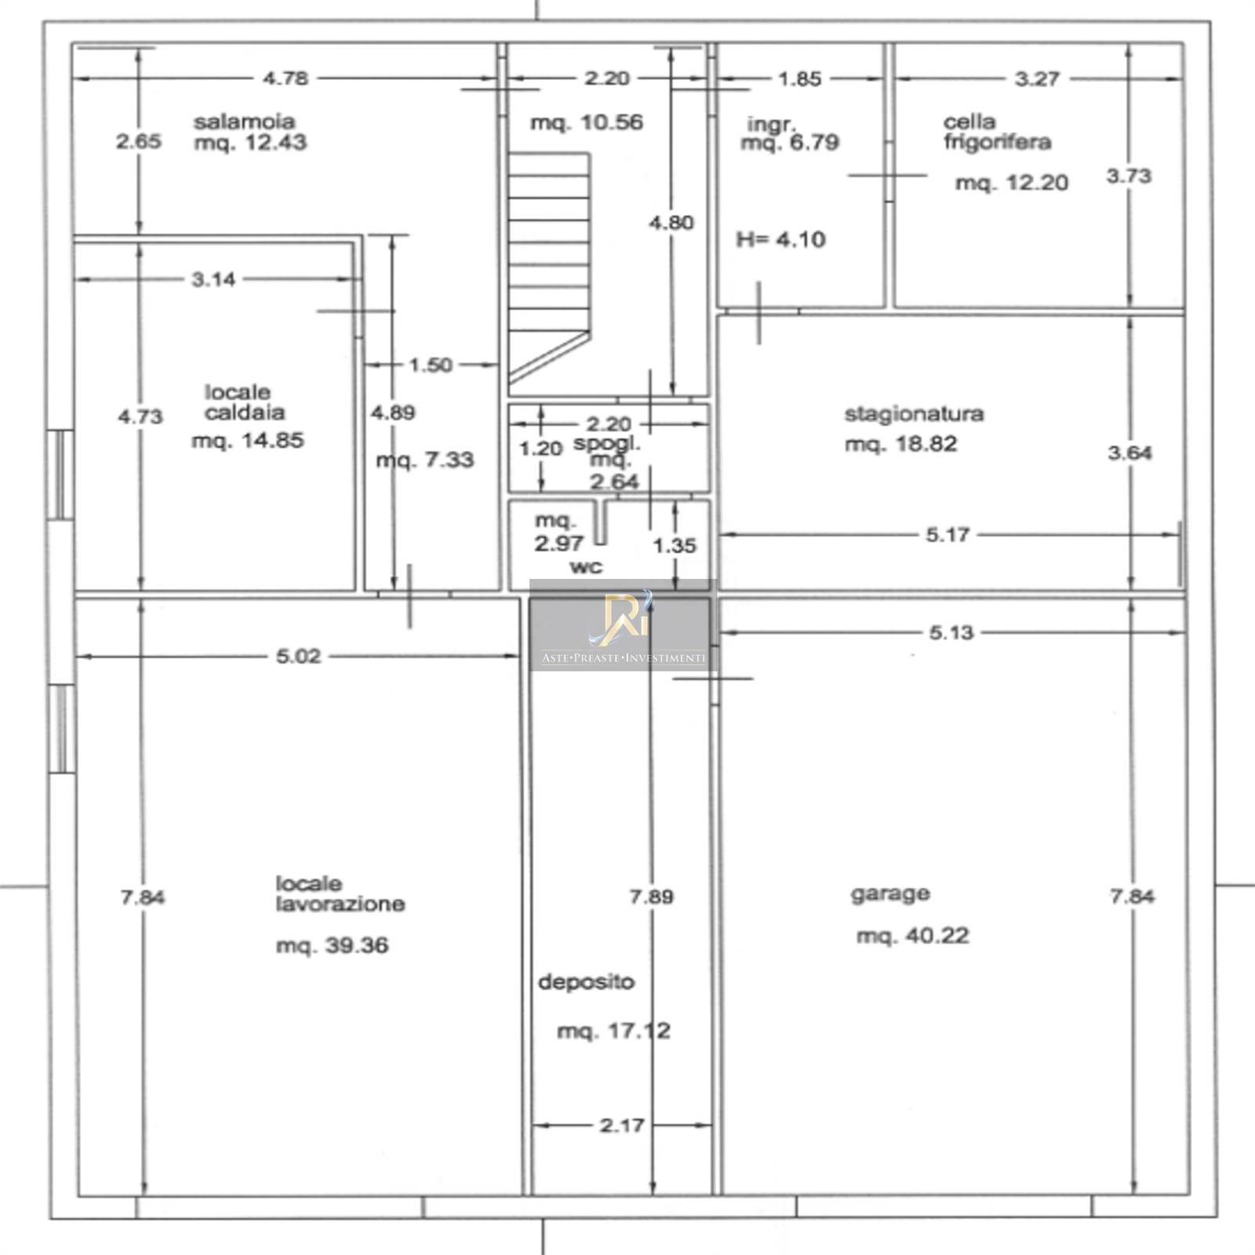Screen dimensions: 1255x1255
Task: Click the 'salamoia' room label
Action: click(x=245, y=122)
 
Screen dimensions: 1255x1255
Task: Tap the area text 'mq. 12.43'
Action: click(x=250, y=143)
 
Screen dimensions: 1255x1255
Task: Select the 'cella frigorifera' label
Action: click(x=997, y=132)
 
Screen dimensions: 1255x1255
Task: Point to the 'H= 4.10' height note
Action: click(x=781, y=239)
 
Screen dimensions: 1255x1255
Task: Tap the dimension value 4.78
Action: click(x=286, y=78)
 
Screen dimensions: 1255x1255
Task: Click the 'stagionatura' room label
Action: click(x=914, y=413)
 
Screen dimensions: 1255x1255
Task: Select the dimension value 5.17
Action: click(x=948, y=535)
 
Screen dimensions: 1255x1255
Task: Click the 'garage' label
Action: click(x=890, y=894)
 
